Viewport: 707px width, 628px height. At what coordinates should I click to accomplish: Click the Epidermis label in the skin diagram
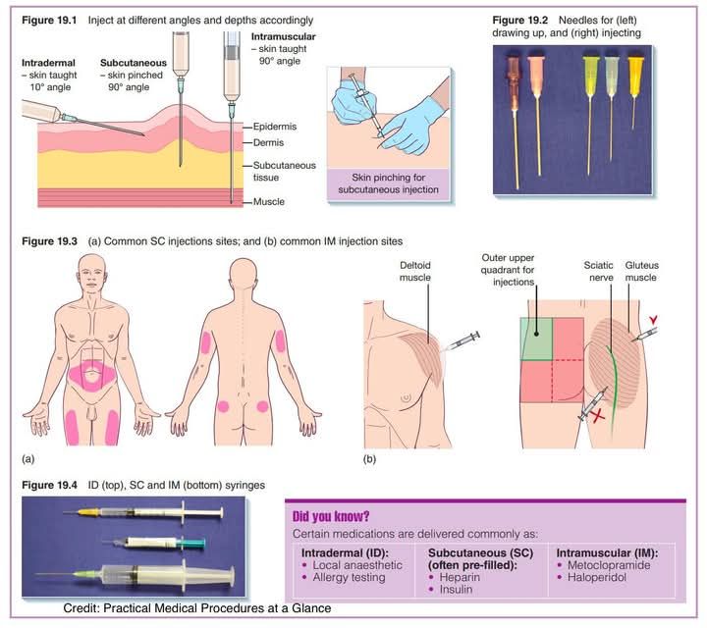click(275, 127)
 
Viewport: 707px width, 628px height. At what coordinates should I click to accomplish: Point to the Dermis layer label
click(268, 143)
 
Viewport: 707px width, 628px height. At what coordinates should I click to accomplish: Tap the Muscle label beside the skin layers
click(269, 202)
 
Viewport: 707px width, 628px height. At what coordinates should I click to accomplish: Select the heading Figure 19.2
click(519, 21)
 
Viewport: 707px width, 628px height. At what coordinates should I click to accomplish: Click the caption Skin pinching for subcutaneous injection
click(388, 183)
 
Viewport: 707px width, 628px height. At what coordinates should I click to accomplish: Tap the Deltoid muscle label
click(414, 271)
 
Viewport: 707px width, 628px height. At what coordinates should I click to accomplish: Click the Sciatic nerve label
click(598, 271)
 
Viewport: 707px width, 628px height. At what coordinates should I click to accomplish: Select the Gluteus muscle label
click(641, 271)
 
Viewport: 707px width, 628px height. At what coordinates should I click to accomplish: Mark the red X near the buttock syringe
click(598, 416)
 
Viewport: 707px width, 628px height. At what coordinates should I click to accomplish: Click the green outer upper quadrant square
click(536, 339)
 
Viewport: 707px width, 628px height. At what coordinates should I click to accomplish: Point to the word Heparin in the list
click(460, 577)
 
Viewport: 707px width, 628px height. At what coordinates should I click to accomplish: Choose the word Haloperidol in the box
click(597, 577)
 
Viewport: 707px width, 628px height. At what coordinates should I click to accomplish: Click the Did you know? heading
click(331, 516)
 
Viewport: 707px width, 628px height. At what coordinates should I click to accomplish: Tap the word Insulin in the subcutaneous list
click(456, 590)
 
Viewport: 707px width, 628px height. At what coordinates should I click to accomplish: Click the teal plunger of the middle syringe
click(191, 544)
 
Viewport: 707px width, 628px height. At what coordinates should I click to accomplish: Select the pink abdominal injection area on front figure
click(91, 375)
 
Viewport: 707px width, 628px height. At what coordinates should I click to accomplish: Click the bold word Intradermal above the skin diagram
click(48, 63)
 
